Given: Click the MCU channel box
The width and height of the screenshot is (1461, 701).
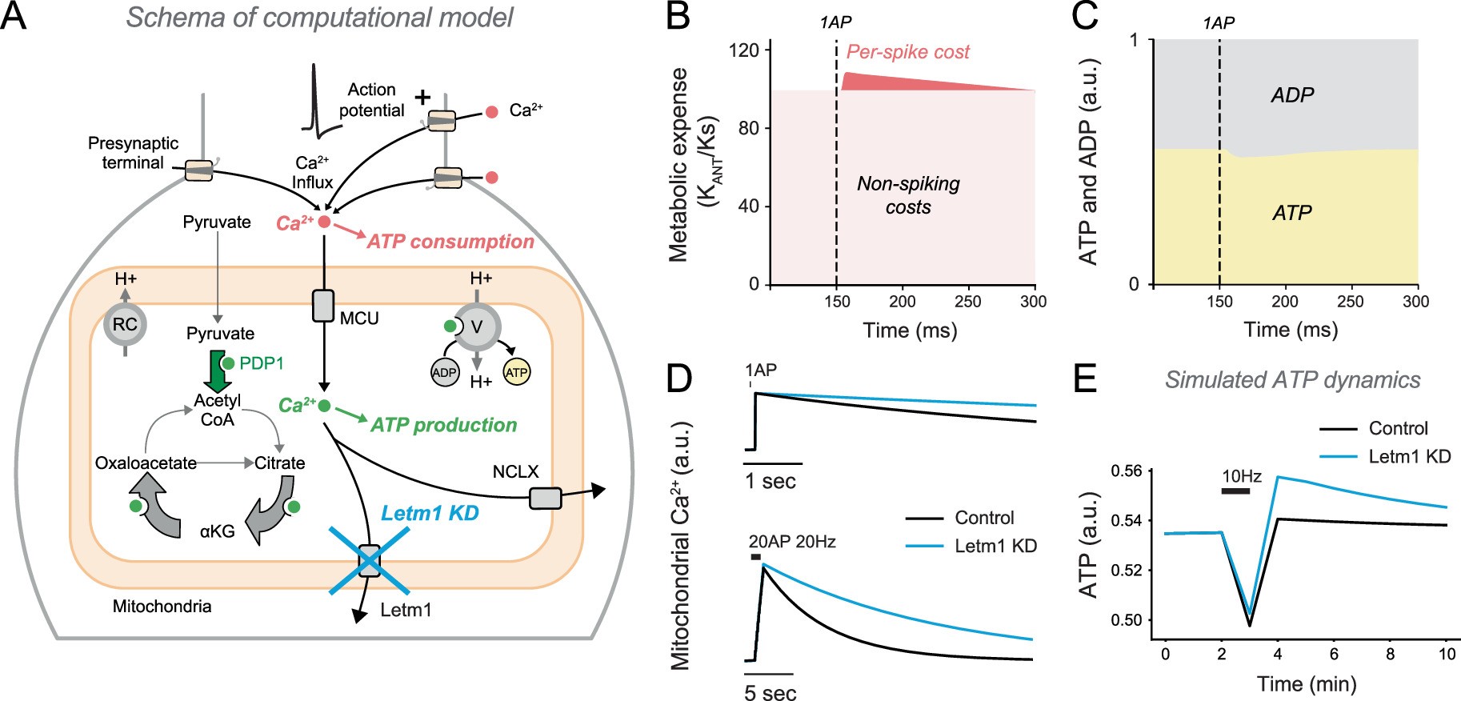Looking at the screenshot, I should (x=323, y=306).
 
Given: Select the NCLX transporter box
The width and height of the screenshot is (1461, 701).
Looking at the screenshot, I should (x=545, y=499).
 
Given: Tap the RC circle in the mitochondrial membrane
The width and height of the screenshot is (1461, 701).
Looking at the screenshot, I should (x=125, y=324).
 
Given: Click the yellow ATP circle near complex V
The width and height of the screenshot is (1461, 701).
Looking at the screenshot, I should (x=516, y=372).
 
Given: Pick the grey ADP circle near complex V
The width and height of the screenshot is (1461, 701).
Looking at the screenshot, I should (x=444, y=372).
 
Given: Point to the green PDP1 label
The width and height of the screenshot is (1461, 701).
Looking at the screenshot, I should (x=261, y=363).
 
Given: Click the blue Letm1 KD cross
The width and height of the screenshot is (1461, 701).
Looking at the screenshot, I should (x=369, y=561).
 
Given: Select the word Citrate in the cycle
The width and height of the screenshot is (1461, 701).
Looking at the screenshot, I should (x=279, y=463).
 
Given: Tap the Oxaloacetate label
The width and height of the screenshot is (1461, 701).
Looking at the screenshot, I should (x=146, y=463).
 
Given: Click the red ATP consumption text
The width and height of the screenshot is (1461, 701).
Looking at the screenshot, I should (x=450, y=242).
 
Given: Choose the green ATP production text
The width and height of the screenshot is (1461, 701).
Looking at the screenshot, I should (x=443, y=425).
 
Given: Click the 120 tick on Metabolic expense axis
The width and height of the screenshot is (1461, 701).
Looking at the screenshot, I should (x=743, y=50).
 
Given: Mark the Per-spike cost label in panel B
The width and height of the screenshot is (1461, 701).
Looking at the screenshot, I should (x=907, y=52).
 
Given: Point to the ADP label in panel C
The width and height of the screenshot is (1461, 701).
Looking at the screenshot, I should (x=1291, y=95).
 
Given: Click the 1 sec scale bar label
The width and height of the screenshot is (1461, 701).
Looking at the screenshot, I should (x=770, y=482).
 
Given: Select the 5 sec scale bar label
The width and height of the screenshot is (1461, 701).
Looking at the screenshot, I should (x=770, y=692).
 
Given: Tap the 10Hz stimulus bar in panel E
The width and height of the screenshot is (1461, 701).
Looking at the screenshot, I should (x=1235, y=491).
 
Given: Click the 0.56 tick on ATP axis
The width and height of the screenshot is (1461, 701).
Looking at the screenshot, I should (x=1127, y=471).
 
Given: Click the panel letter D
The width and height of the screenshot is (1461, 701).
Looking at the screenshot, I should (x=678, y=378).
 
